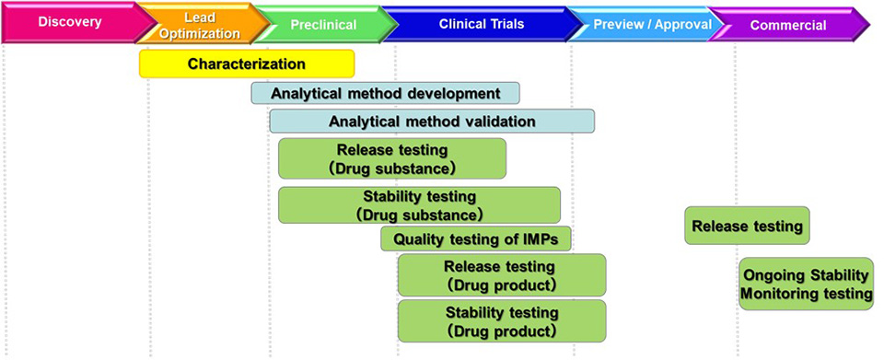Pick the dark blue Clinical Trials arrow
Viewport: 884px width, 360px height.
tap(479, 25)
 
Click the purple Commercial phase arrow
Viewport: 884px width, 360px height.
tap(787, 25)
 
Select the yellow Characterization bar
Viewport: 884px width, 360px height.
tap(247, 64)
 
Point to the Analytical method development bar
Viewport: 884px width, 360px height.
tap(385, 93)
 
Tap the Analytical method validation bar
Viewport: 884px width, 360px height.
tap(432, 121)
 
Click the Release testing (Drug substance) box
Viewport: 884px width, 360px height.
tap(392, 158)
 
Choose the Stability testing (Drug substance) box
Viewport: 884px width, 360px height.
tap(419, 205)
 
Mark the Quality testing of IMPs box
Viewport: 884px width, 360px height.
tap(476, 239)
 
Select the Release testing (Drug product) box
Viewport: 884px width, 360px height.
tap(502, 274)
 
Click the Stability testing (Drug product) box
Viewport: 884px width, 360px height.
tap(502, 321)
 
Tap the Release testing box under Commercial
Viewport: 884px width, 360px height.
tap(747, 226)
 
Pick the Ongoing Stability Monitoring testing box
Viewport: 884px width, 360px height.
tap(806, 285)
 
